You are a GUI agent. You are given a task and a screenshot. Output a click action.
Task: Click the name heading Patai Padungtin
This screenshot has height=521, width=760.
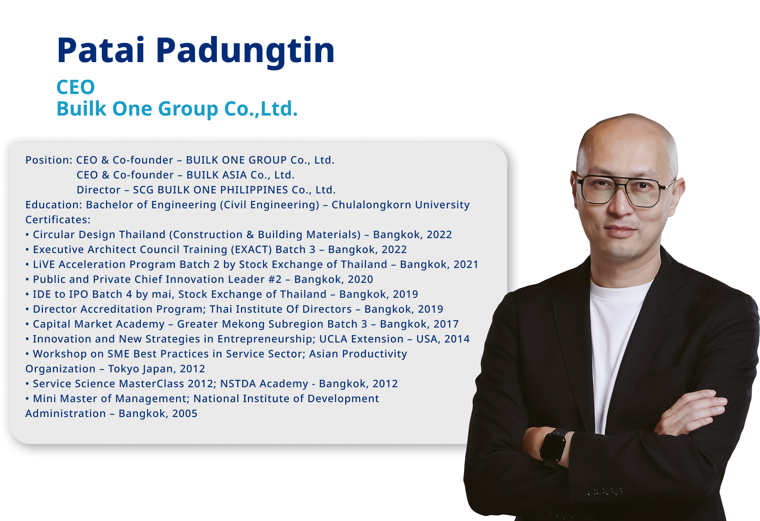[195, 51]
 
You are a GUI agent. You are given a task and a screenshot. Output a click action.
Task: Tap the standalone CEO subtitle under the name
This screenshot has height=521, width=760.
[76, 87]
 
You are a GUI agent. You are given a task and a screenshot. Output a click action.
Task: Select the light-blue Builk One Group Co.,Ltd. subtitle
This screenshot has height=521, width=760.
[177, 109]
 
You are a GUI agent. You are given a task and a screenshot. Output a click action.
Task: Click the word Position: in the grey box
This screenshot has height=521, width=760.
[49, 160]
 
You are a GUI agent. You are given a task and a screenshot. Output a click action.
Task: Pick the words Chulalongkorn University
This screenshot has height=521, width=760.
[401, 205]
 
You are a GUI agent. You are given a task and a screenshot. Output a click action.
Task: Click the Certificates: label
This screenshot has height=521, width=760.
[58, 219]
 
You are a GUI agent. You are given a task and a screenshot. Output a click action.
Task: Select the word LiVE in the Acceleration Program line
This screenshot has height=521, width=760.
[44, 264]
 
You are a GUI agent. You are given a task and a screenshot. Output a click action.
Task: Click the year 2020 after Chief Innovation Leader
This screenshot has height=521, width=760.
[361, 279]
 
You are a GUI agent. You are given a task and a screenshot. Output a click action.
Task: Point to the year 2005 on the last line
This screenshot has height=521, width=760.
[185, 413]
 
